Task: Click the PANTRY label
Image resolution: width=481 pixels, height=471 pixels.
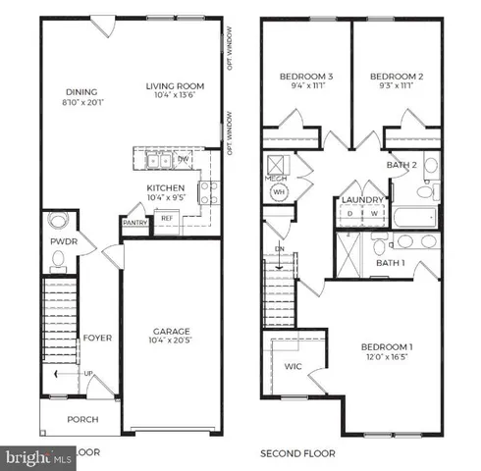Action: coord(135,222)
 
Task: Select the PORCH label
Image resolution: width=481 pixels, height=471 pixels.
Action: coord(82,419)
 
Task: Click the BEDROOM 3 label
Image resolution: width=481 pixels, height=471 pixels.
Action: coord(306,77)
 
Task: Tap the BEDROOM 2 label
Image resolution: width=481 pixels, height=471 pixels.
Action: coord(398,77)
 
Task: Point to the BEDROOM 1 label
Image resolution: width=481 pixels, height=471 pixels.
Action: coord(386,348)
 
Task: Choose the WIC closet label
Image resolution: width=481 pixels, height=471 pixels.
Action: coord(292,367)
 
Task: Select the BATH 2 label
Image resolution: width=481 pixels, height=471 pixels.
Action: coord(401,165)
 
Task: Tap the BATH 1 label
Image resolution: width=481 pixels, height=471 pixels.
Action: coord(391,263)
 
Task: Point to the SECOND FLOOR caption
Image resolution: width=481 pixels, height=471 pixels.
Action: coord(297,453)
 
